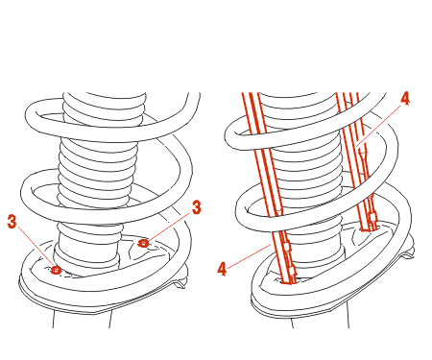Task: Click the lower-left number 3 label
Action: (x=12, y=222)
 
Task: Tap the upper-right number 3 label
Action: (x=197, y=207)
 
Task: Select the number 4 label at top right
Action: (x=405, y=98)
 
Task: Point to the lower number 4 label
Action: (x=222, y=269)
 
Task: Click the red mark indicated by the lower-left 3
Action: (x=56, y=270)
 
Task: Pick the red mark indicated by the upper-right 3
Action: (x=143, y=243)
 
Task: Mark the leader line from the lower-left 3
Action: (x=36, y=247)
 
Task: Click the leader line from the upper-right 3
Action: (x=169, y=227)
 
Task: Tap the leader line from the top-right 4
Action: (x=379, y=126)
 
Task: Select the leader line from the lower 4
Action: (x=250, y=255)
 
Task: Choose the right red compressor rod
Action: (x=357, y=161)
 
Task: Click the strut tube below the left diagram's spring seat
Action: (x=82, y=319)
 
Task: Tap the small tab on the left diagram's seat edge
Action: (x=180, y=281)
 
